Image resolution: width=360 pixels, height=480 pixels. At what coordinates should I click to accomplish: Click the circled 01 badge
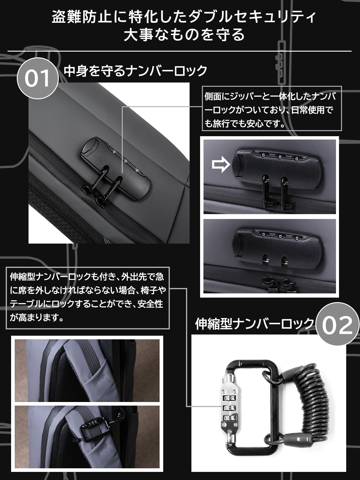click(x=37, y=78)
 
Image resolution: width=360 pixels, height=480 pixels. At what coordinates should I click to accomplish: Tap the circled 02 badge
click(x=337, y=324)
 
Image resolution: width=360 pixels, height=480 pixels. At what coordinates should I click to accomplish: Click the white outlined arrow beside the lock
click(x=221, y=164)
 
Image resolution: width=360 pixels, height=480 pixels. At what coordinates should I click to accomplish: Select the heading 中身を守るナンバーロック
click(x=135, y=71)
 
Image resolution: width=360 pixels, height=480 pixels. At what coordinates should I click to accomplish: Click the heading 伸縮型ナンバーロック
click(x=254, y=324)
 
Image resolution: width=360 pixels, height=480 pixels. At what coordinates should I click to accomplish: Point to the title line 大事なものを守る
click(x=184, y=34)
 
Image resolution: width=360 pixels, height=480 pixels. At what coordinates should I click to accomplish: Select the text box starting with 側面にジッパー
click(x=272, y=109)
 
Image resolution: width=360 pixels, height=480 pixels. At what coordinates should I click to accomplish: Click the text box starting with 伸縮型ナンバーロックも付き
click(x=88, y=298)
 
